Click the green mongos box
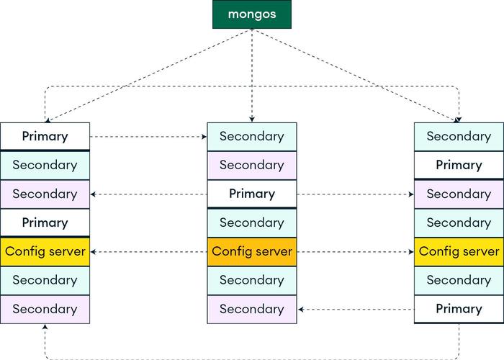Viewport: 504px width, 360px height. [x=251, y=14]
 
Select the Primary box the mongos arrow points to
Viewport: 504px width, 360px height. [x=45, y=136]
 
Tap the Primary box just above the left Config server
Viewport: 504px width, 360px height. [x=45, y=222]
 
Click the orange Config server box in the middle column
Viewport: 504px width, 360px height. [x=252, y=251]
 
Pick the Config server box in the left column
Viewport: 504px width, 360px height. [x=45, y=251]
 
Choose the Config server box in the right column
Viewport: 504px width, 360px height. [x=459, y=251]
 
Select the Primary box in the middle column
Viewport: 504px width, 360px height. [x=252, y=194]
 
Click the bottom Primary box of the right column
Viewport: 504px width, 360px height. [x=459, y=309]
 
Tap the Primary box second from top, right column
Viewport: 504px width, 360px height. [x=459, y=165]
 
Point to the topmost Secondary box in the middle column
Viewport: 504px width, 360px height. [x=252, y=136]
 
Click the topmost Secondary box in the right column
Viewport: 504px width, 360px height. [x=459, y=136]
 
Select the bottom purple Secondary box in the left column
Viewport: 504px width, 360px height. [x=45, y=309]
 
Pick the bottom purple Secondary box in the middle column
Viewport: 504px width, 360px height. [x=252, y=309]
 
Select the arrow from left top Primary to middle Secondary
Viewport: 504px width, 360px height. [x=148, y=136]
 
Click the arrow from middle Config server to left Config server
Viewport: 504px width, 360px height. [x=148, y=251]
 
